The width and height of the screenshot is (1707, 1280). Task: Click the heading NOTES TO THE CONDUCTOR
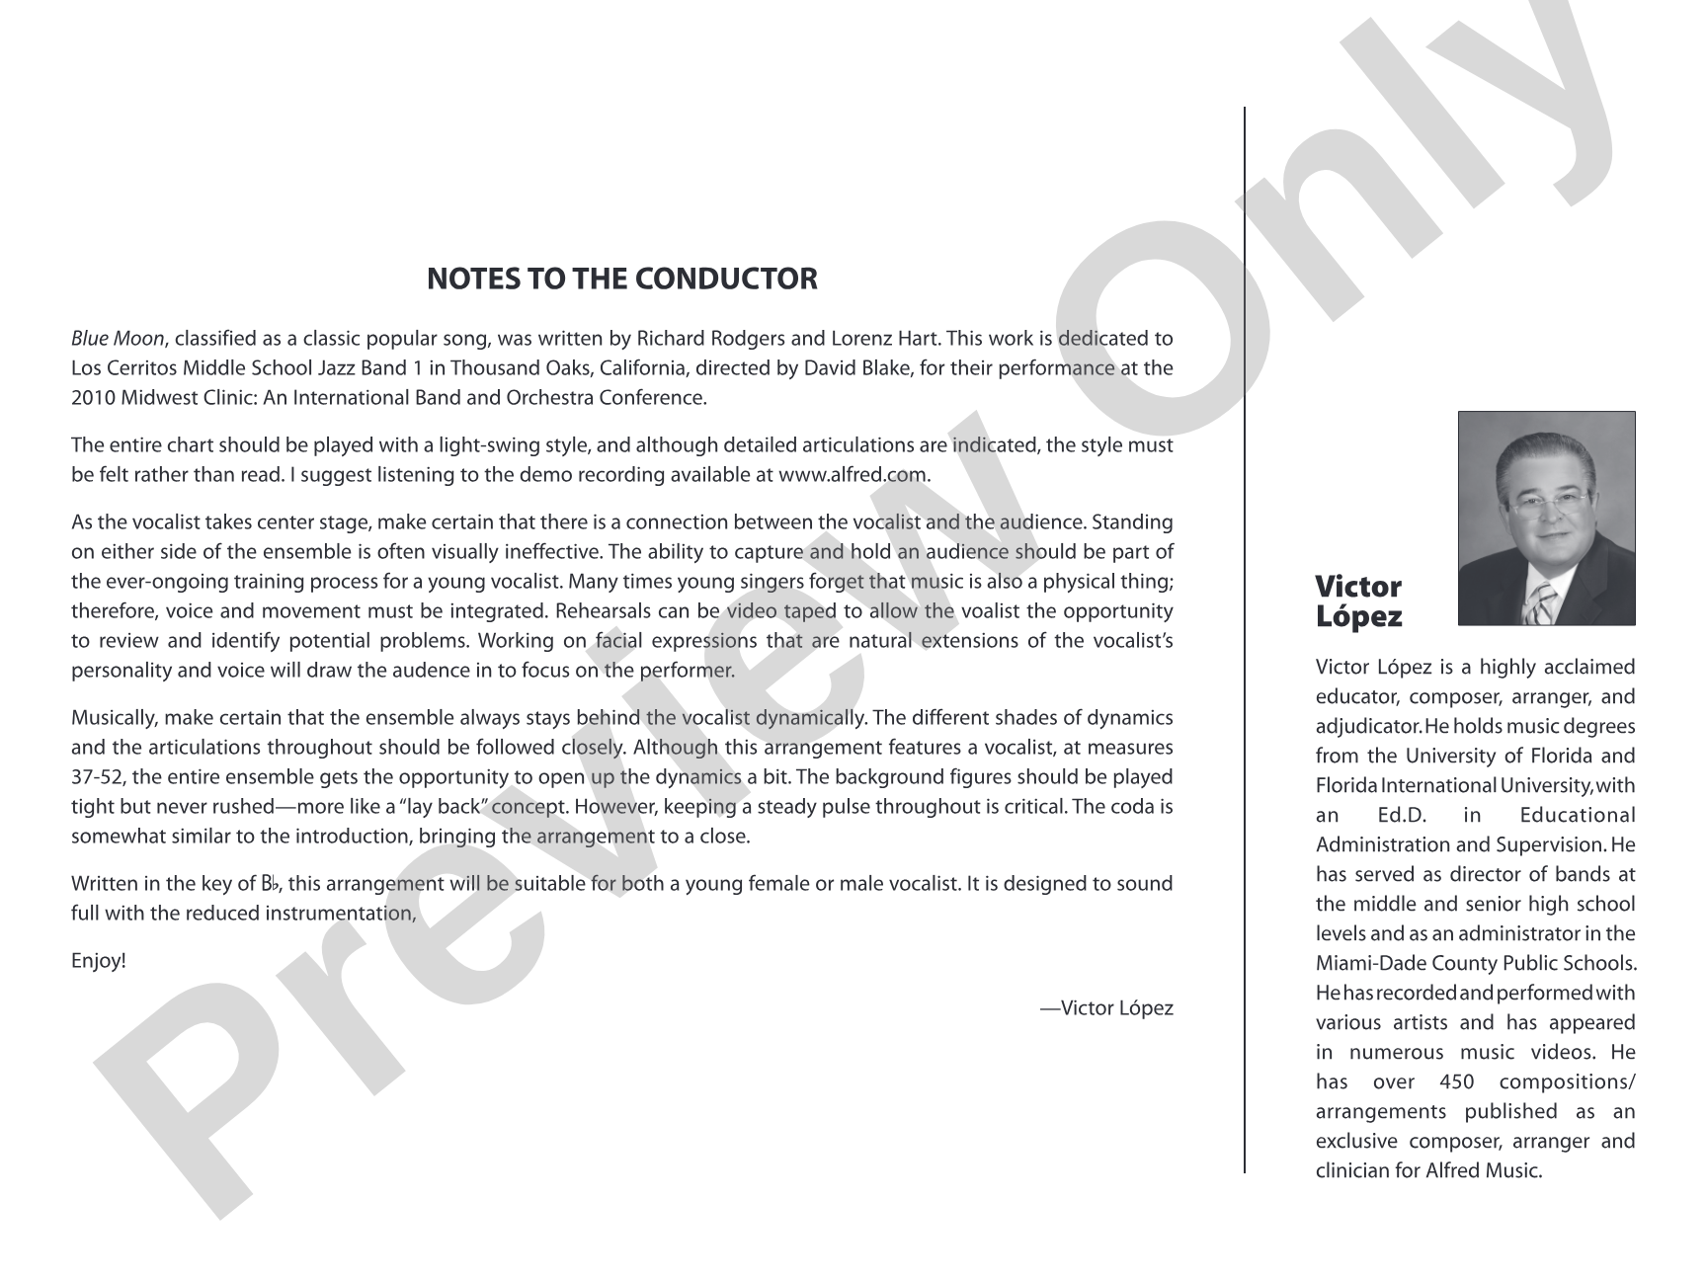tap(621, 280)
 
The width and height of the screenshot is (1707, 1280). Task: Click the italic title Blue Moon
tap(118, 339)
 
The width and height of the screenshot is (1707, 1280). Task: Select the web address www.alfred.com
tap(853, 474)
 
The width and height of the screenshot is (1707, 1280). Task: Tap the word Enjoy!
tap(99, 960)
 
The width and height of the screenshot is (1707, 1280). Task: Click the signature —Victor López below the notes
tap(1106, 1007)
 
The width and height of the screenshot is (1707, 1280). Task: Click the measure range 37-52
tap(97, 777)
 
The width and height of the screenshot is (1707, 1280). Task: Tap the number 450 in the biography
tap(1458, 1081)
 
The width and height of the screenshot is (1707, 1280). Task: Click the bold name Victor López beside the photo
tap(1358, 601)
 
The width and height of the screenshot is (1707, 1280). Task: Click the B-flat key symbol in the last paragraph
tap(272, 884)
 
